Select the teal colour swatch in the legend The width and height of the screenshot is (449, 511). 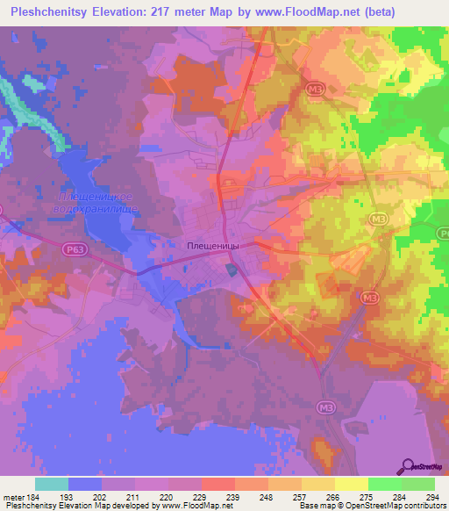(x=52, y=484)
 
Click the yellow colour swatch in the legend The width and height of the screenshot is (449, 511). (x=351, y=484)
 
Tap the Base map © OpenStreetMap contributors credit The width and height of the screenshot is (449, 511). (x=373, y=506)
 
